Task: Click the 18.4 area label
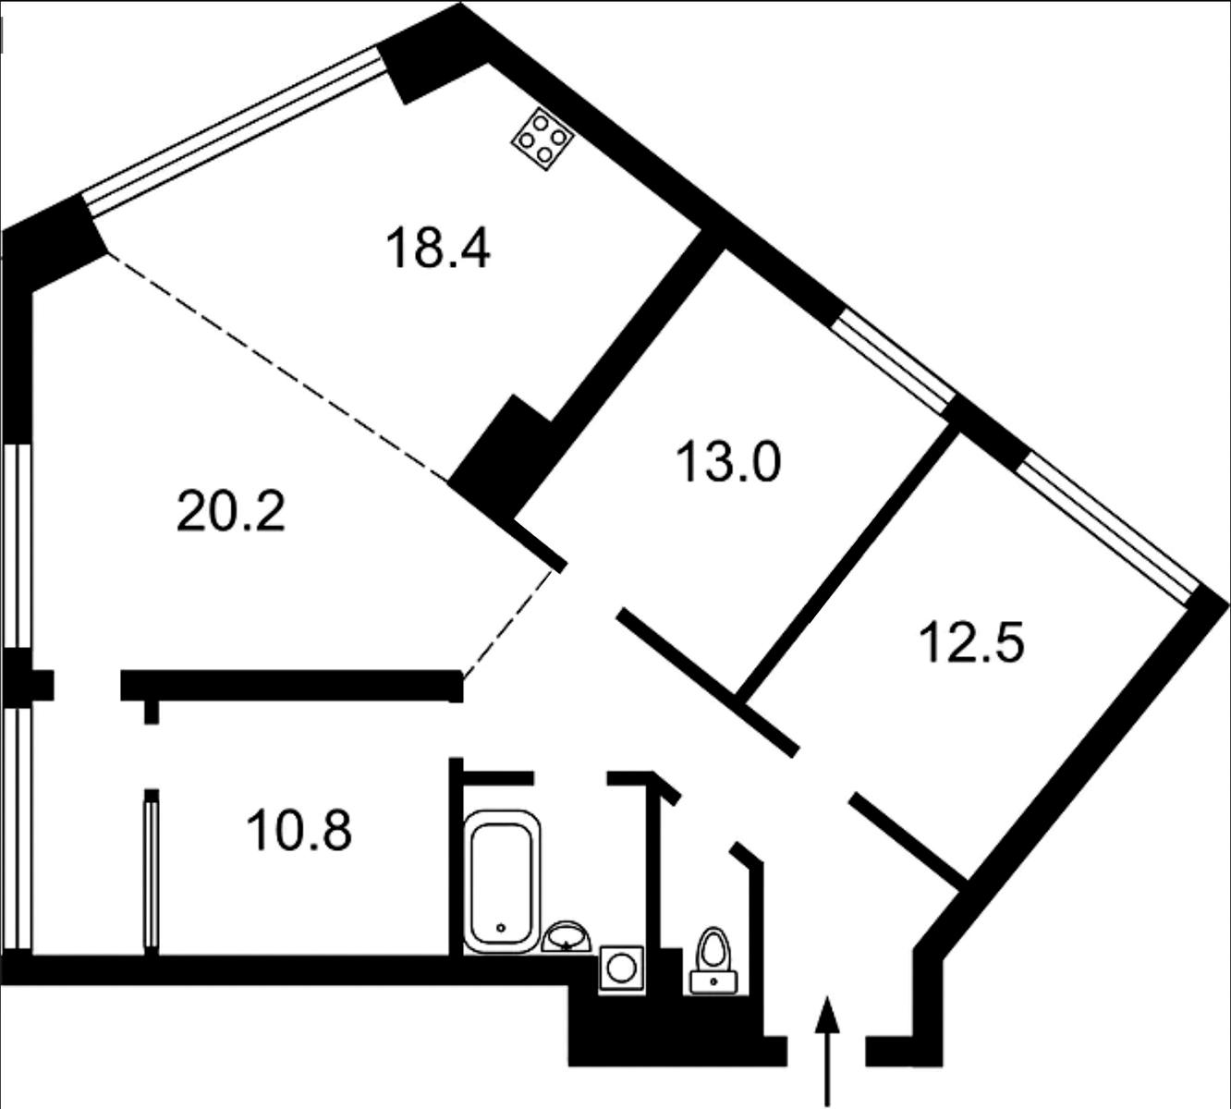(x=438, y=248)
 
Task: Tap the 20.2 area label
(x=230, y=513)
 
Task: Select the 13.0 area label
(x=728, y=463)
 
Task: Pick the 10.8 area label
(x=299, y=831)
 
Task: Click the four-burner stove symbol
(x=542, y=139)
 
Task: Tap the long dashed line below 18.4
(x=277, y=367)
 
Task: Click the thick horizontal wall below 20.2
(x=291, y=686)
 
